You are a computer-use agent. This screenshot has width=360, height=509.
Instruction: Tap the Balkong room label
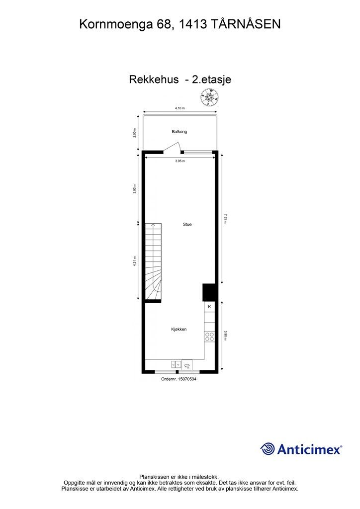(180, 132)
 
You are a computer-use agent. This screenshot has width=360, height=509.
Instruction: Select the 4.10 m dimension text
(180, 108)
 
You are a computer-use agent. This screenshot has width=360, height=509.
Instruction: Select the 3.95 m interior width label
(180, 161)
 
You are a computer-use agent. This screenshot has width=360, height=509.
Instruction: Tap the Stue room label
(187, 224)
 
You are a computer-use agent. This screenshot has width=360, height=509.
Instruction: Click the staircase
(154, 262)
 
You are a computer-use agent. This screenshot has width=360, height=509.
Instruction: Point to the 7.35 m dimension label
(225, 218)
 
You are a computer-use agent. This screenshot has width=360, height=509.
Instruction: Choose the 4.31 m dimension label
(135, 261)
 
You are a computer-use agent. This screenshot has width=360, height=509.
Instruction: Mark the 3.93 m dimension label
(135, 188)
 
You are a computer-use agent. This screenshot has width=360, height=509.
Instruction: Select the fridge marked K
(209, 307)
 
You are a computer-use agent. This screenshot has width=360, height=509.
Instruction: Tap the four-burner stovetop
(209, 337)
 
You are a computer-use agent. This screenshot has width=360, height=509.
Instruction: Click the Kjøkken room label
(179, 329)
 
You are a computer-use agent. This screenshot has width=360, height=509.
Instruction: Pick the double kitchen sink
(176, 364)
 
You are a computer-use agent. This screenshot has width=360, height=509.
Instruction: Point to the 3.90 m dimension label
(225, 336)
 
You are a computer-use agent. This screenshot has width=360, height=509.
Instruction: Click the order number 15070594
(179, 379)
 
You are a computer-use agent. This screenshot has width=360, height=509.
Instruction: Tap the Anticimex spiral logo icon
(268, 449)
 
